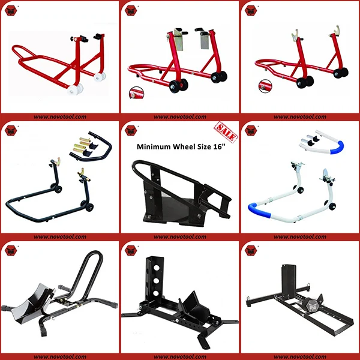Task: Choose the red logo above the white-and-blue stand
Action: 250,128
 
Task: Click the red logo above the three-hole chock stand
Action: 130,248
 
